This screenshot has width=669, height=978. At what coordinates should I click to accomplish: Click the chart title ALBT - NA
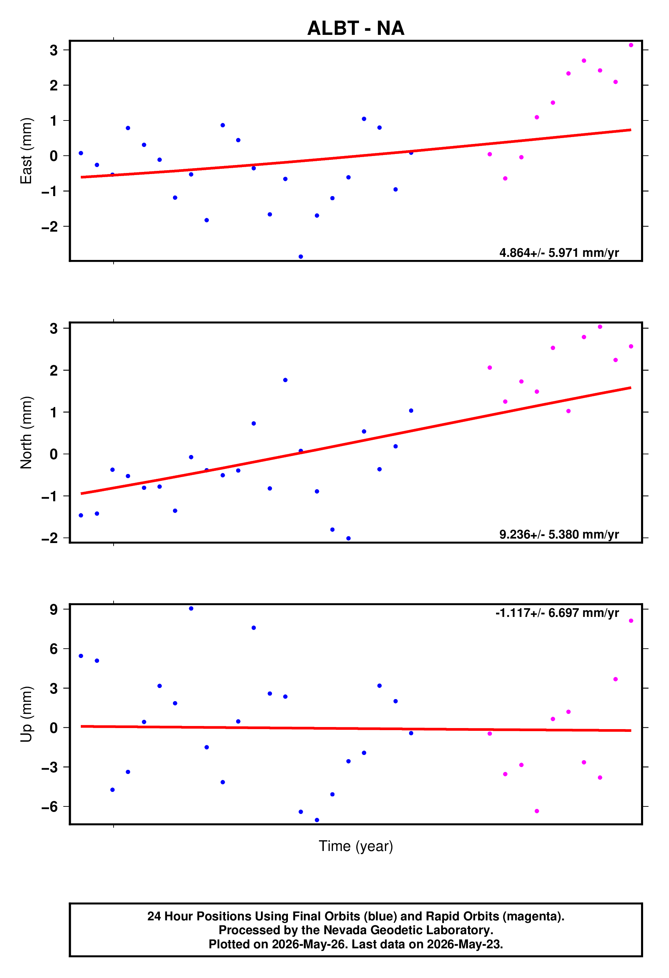coord(356,28)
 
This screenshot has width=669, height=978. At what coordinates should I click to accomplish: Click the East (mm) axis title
coord(26,151)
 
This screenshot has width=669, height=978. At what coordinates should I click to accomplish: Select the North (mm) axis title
coord(26,432)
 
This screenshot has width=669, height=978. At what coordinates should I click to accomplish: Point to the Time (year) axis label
coord(356,846)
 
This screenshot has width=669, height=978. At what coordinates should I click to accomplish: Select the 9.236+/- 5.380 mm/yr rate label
coord(559,534)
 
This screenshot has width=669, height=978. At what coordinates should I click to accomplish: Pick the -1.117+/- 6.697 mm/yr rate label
coord(557,613)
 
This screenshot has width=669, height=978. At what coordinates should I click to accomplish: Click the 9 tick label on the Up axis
coord(54,609)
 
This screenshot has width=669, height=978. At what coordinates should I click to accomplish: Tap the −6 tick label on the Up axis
coord(49,807)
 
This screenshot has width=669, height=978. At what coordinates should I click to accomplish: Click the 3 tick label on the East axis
coord(54,50)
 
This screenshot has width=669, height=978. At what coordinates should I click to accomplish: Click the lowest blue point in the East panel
coord(301,257)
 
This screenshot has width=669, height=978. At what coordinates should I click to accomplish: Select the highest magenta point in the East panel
coord(631,45)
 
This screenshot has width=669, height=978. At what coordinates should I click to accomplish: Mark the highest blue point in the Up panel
coord(191,609)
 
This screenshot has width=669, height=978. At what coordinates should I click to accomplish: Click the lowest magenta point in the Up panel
coord(537,811)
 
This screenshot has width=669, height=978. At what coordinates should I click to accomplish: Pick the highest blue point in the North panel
coord(285,380)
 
